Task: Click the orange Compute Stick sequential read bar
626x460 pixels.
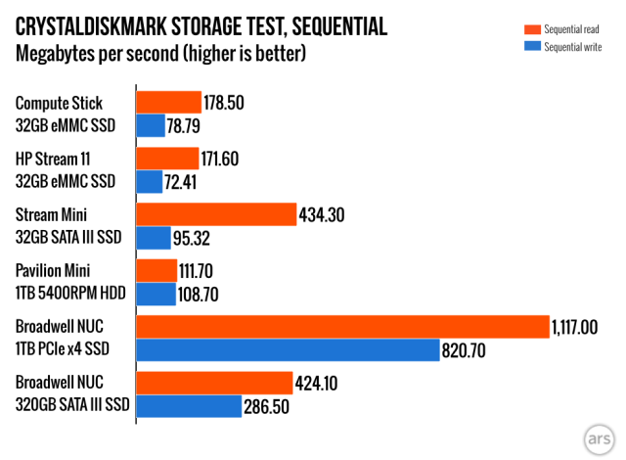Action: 168,102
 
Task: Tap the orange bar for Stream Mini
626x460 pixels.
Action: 215,214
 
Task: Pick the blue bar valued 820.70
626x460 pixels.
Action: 288,349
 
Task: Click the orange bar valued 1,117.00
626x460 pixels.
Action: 342,327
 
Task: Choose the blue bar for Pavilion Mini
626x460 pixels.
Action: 156,294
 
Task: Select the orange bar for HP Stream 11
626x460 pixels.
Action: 167,159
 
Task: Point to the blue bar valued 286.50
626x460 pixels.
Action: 189,405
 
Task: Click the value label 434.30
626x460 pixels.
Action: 327,214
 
